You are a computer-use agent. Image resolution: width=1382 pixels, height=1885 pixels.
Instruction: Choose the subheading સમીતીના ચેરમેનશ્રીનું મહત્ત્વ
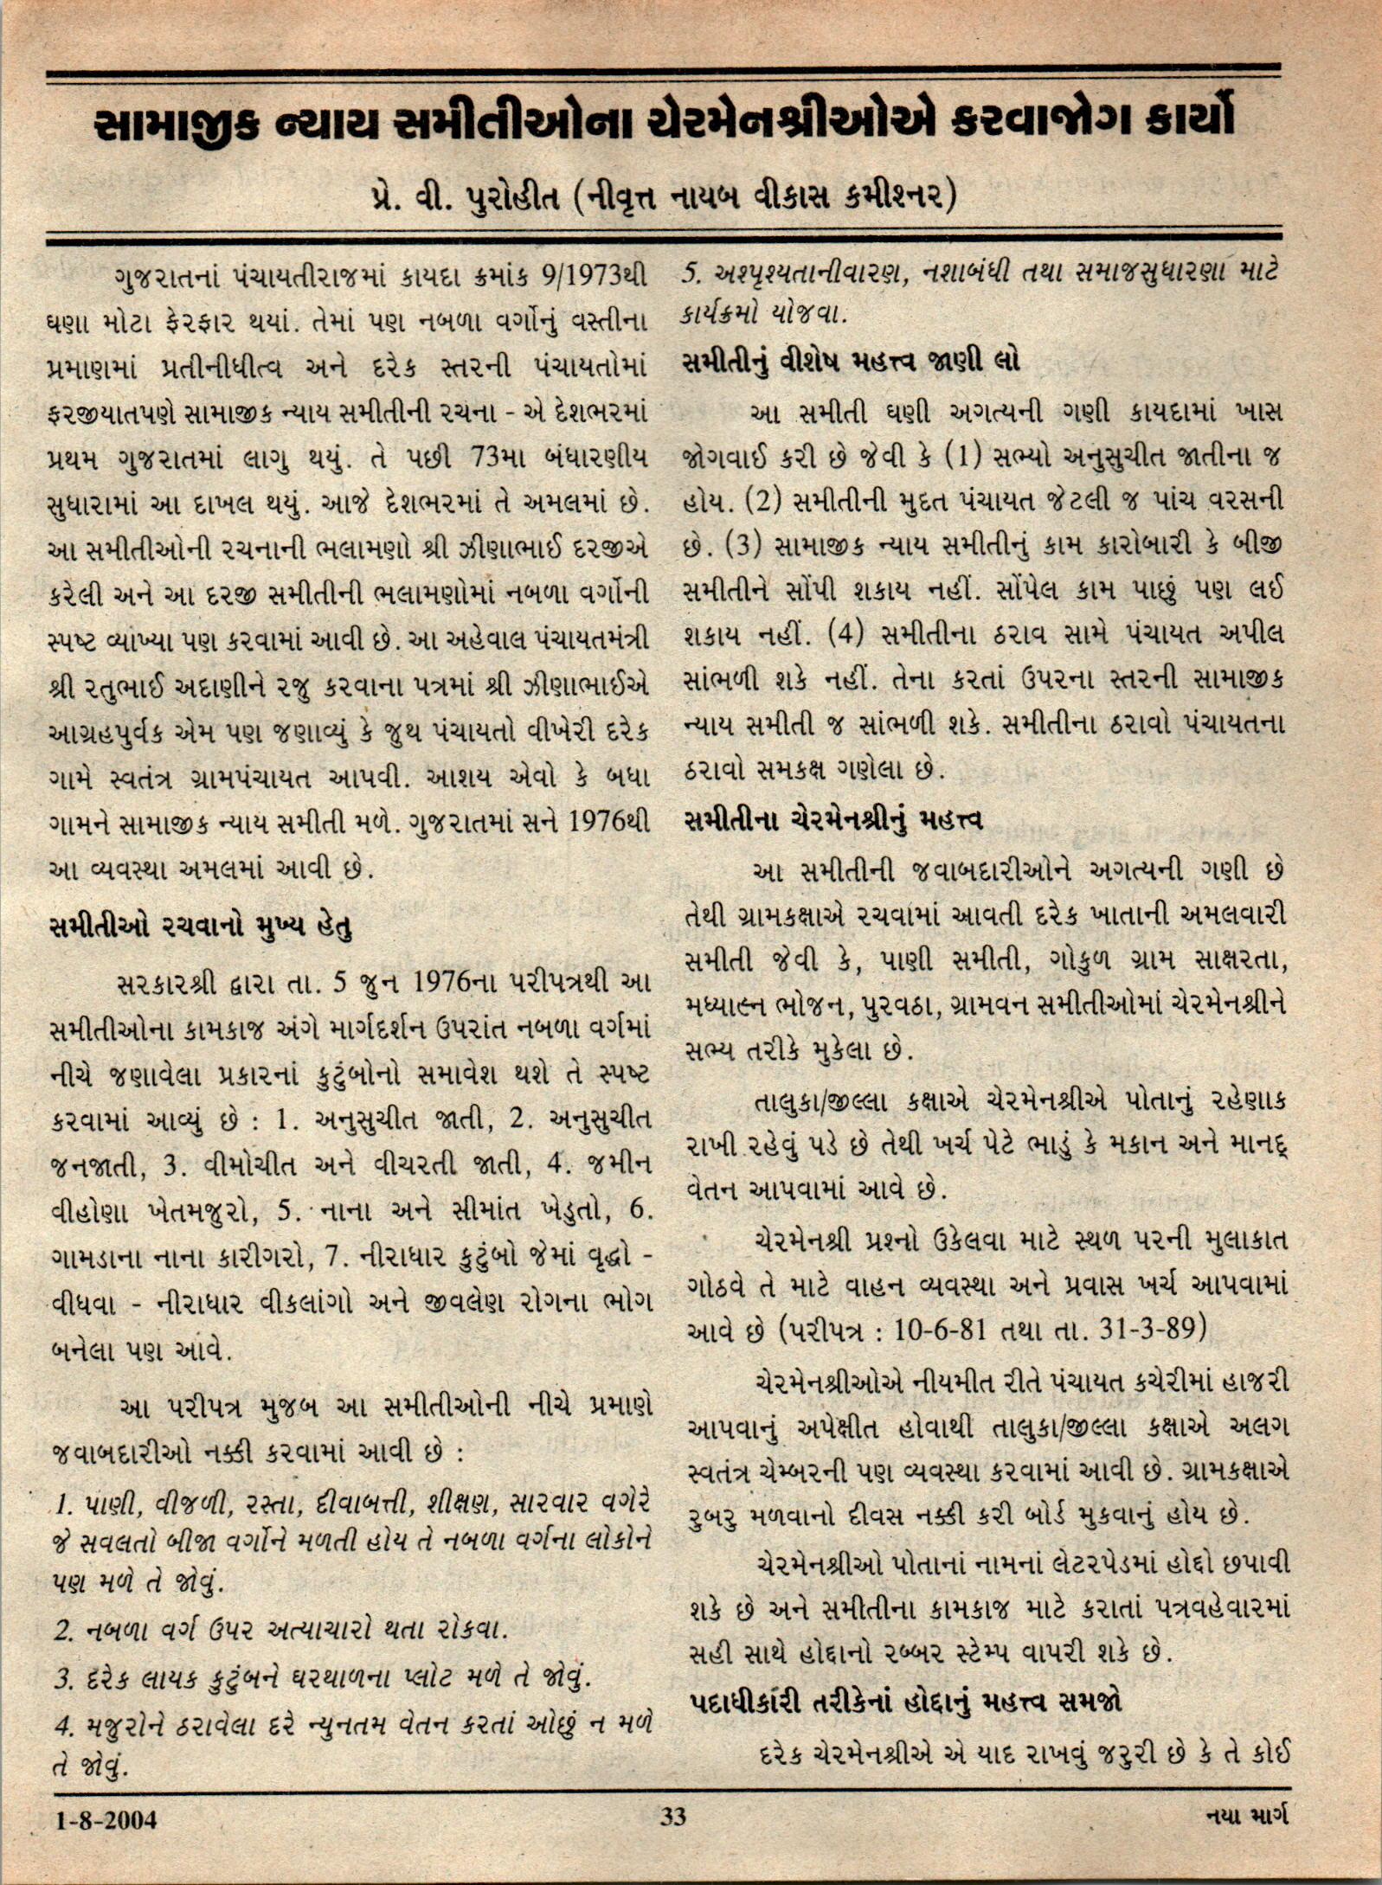point(832,818)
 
